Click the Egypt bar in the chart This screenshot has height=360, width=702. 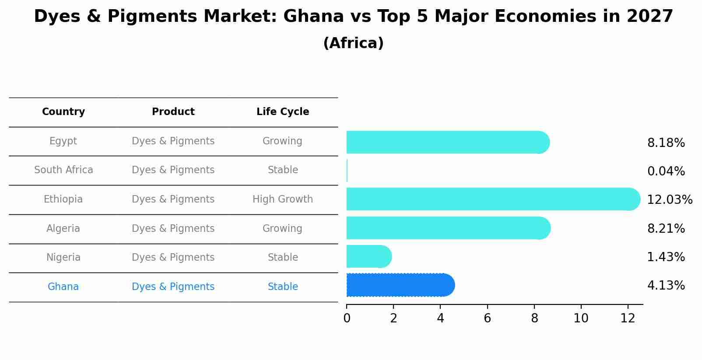pyautogui.click(x=446, y=142)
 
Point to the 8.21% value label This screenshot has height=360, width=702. pyautogui.click(x=666, y=229)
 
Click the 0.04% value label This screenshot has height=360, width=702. pyautogui.click(x=666, y=171)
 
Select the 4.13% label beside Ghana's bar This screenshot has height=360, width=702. pyautogui.click(x=666, y=286)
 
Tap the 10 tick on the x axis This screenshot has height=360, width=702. pyautogui.click(x=581, y=318)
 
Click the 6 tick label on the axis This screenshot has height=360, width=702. pyautogui.click(x=487, y=318)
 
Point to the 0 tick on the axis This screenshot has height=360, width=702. pyautogui.click(x=347, y=318)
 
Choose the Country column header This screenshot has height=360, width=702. pyautogui.click(x=63, y=112)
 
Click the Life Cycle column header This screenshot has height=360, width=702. pyautogui.click(x=283, y=112)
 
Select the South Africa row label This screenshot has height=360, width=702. pyautogui.click(x=63, y=170)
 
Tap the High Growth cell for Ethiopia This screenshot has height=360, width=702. pyautogui.click(x=283, y=199)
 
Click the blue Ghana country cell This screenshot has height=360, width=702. pyautogui.click(x=63, y=287)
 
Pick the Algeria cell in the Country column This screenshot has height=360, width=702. pyautogui.click(x=63, y=229)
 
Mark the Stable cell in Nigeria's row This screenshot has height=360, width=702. pyautogui.click(x=283, y=258)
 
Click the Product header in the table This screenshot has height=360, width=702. pyautogui.click(x=173, y=112)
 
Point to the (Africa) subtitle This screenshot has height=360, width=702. pyautogui.click(x=353, y=43)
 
